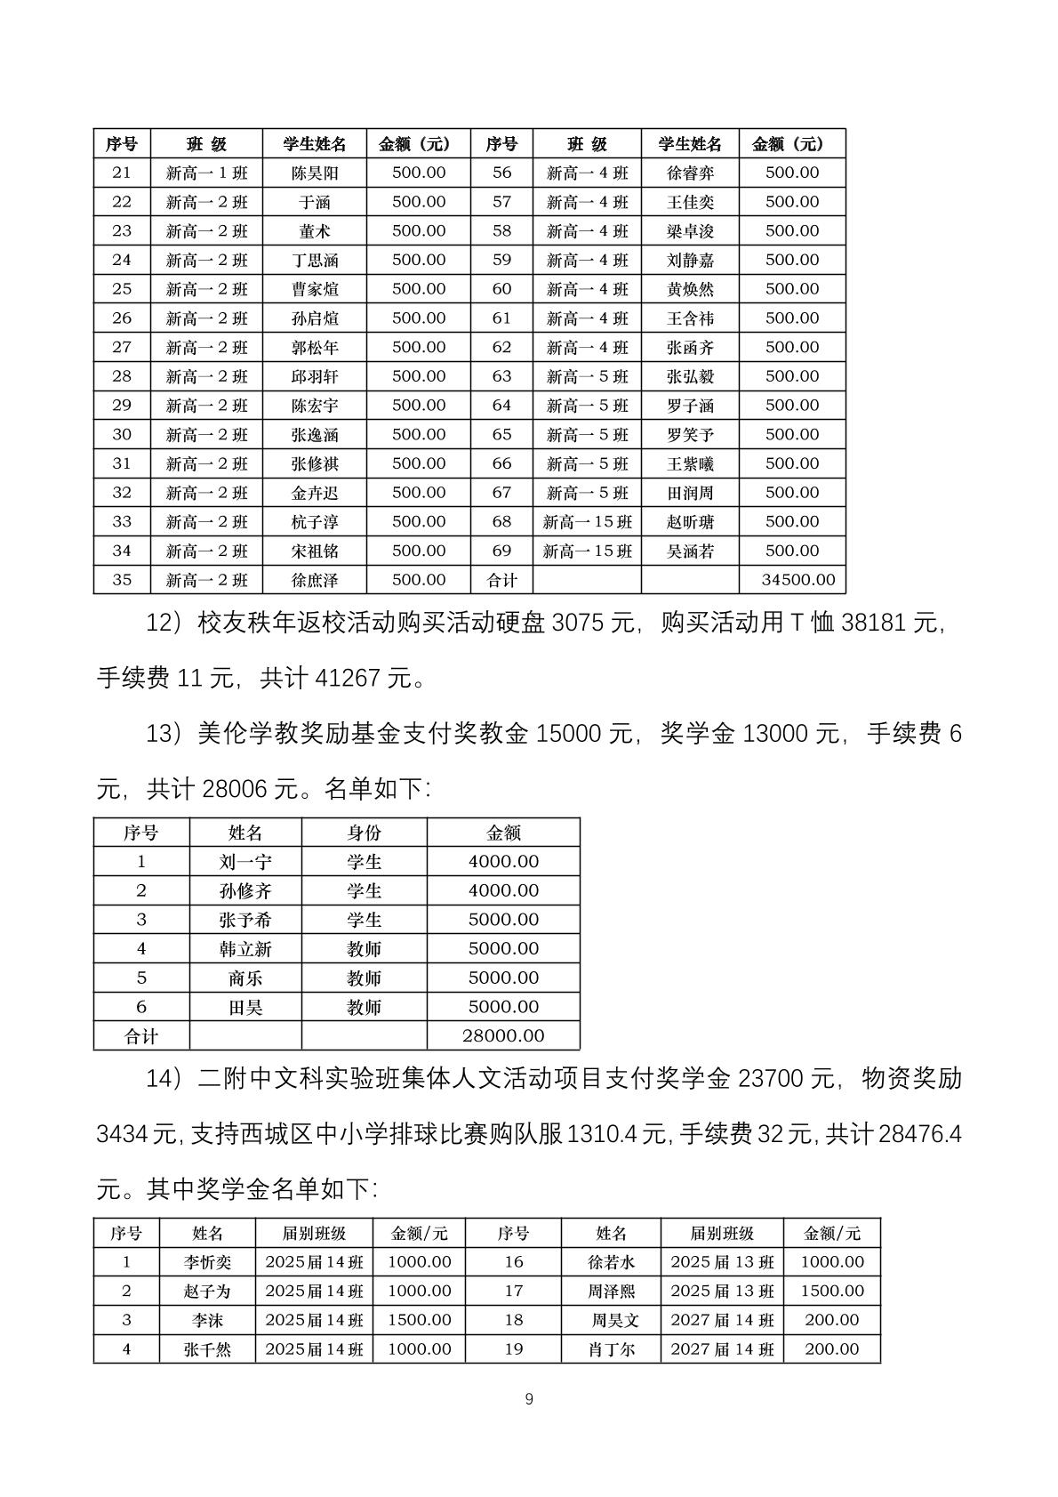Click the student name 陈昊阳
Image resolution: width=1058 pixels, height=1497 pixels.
(315, 173)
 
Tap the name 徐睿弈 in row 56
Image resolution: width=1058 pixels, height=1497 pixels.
(690, 173)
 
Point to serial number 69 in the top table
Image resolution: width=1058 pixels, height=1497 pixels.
(501, 551)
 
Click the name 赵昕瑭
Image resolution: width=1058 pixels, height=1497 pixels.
(690, 521)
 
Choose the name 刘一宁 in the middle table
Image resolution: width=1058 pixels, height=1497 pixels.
(245, 861)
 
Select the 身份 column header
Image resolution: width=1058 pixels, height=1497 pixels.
(364, 833)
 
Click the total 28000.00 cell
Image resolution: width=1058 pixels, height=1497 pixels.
(503, 1035)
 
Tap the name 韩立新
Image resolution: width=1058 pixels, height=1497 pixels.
(245, 948)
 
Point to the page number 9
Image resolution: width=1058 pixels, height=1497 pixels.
(529, 1399)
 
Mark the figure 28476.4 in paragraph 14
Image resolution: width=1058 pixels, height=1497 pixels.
(919, 1134)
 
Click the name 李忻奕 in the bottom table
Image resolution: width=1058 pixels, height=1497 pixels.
(207, 1261)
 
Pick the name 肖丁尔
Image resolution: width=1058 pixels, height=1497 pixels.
(612, 1348)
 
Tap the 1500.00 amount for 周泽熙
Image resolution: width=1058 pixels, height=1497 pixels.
(831, 1291)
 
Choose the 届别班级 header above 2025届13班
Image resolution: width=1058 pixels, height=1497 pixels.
(722, 1233)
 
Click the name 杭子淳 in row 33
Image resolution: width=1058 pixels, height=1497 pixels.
(315, 521)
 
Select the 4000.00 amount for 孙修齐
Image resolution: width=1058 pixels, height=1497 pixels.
(503, 890)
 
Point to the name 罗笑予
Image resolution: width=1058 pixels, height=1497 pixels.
(690, 434)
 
